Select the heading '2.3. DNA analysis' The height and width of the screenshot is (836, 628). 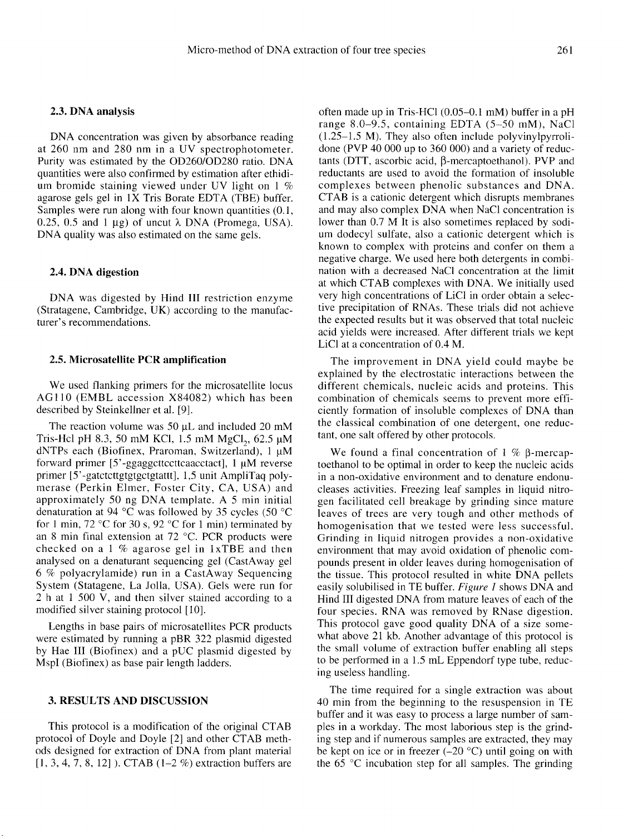click(92, 111)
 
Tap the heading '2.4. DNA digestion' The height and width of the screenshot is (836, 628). click(94, 272)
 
